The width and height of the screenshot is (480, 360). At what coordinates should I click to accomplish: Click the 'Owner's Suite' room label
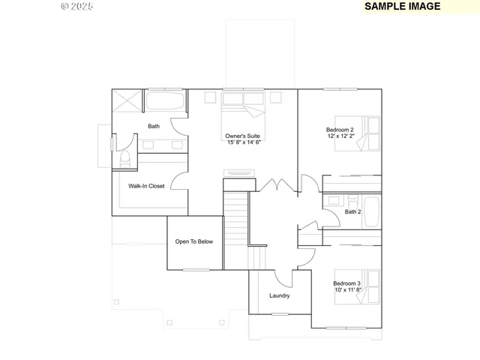pos(243,136)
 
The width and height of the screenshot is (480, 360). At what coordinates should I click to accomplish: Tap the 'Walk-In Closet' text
pos(146,186)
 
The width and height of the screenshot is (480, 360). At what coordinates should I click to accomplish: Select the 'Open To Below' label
pos(194,241)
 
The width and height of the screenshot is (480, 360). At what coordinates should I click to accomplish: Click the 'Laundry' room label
pos(280,295)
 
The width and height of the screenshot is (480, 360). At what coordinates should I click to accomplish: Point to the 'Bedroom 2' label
pos(340,129)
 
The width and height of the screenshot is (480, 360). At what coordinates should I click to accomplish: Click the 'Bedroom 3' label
pos(347,283)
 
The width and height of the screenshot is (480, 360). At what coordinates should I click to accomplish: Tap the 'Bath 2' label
pos(353,212)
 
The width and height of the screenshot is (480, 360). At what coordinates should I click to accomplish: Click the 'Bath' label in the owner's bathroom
pos(154,126)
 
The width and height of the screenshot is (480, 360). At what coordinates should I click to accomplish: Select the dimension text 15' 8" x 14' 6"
pos(244,142)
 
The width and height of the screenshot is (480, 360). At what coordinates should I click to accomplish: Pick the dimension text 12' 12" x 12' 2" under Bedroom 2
pos(342,136)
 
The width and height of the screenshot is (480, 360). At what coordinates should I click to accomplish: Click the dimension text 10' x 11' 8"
pos(347,289)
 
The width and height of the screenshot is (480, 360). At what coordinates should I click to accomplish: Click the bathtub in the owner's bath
pos(165,101)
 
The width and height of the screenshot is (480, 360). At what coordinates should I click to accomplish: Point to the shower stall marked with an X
pos(127,101)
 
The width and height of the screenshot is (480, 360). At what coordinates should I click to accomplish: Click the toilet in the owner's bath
pos(125,159)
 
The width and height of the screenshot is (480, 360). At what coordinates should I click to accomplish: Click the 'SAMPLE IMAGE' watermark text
pos(402,6)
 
